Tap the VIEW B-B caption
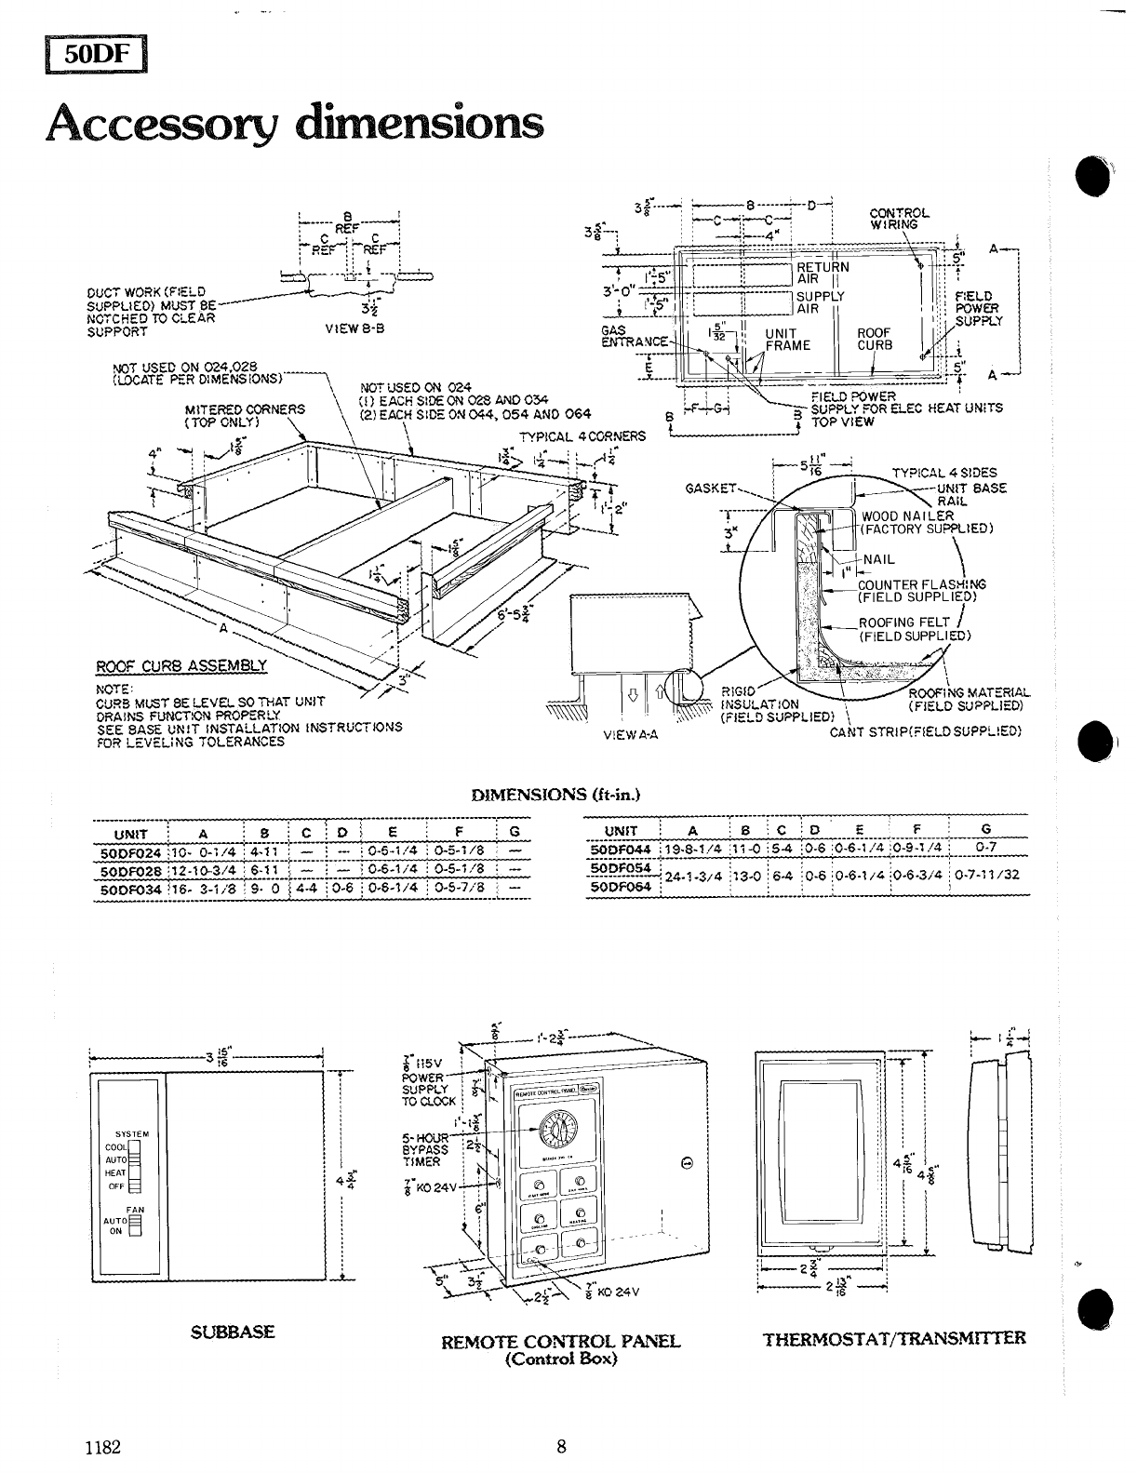350,328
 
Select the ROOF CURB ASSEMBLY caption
182,665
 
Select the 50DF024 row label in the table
130,851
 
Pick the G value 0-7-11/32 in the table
986,875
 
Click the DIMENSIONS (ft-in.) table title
555,795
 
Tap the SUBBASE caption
232,1332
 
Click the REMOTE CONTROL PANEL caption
561,1341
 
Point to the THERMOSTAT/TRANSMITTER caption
894,1338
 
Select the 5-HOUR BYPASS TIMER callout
424,1150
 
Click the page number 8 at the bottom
561,1446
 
